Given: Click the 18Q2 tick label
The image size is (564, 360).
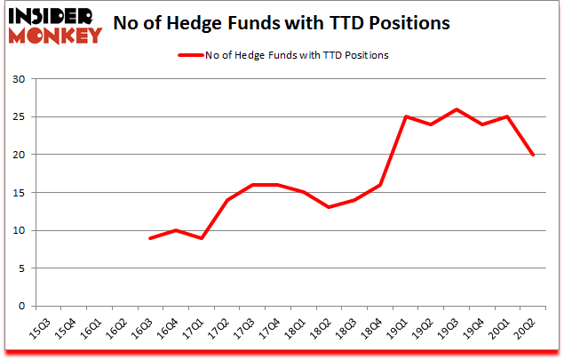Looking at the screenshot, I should pos(329,330).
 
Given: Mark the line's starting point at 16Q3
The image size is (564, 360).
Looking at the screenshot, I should pos(150,238).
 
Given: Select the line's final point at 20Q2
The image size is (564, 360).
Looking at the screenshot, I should pos(532,155).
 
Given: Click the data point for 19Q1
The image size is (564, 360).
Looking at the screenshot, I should pos(405,116).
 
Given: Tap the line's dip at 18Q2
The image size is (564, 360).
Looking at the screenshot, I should pos(329,208).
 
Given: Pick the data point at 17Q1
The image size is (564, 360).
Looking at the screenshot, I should pos(202,238).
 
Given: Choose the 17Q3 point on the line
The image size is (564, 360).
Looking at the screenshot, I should pos(252,185).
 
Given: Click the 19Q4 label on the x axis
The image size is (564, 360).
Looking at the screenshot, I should pos(481,330).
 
